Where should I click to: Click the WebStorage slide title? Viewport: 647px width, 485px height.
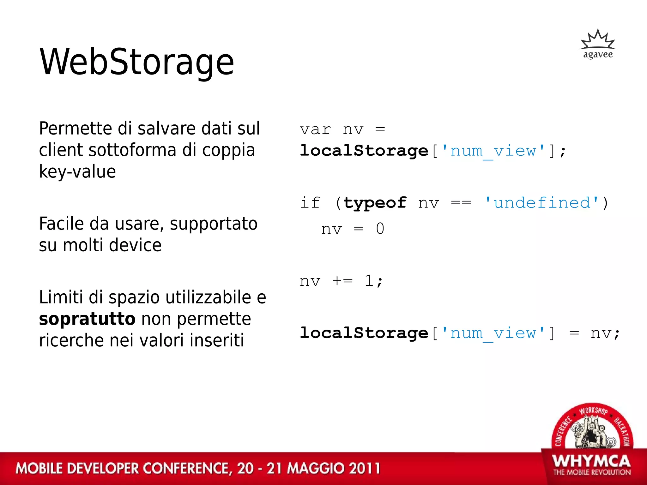(x=136, y=62)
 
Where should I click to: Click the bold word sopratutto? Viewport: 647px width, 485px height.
(x=87, y=319)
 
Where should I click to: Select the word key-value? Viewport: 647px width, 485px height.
(x=77, y=172)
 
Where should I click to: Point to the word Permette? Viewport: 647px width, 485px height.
(x=76, y=129)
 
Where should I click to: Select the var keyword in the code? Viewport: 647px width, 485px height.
(x=315, y=130)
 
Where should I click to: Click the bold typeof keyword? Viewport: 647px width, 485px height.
(x=375, y=203)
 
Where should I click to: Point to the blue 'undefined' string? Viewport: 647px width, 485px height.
(x=542, y=203)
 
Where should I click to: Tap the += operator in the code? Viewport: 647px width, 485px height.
(x=342, y=281)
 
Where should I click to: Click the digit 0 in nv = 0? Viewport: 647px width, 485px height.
(x=380, y=229)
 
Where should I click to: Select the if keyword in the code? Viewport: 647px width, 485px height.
(x=310, y=203)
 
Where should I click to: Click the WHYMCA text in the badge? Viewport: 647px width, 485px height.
(x=591, y=462)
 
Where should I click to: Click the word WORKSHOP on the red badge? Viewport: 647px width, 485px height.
(x=593, y=410)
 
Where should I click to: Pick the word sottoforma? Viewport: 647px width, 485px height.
(x=132, y=150)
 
